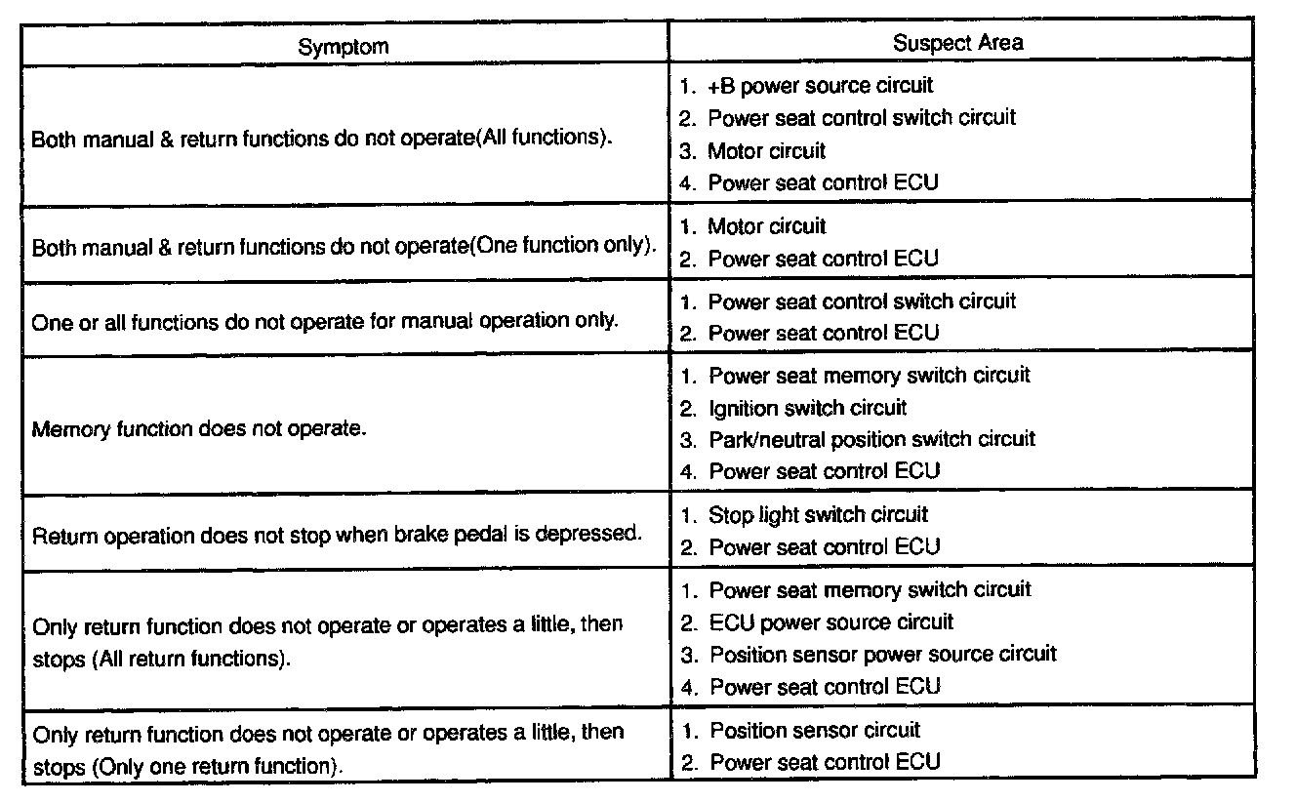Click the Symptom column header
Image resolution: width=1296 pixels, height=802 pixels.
point(343,46)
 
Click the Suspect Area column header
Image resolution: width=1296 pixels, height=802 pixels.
point(957,42)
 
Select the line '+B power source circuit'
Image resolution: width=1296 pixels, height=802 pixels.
point(820,86)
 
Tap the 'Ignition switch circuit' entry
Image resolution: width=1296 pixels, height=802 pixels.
point(807,408)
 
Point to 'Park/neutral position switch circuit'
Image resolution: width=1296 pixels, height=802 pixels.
point(871,439)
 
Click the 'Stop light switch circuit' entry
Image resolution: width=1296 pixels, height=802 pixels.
point(818,514)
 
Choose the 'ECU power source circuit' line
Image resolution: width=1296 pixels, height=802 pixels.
point(830,622)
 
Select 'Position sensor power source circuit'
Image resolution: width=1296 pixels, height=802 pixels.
point(882,654)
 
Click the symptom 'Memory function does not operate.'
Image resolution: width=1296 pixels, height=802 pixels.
point(199,428)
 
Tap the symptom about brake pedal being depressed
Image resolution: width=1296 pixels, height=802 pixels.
point(338,535)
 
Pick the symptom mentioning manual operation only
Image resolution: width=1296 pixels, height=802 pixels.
point(324,321)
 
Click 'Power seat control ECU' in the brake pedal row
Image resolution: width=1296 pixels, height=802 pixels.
point(824,547)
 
